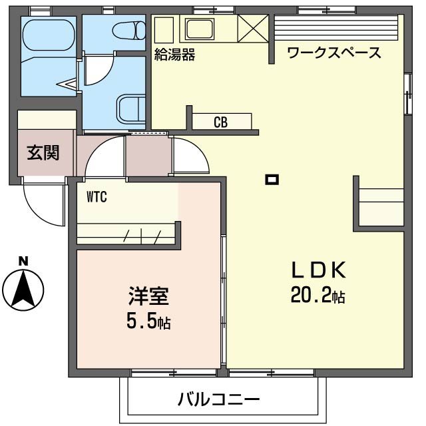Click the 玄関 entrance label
43,153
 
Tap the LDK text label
318,270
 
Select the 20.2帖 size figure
318,294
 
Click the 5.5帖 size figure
148,322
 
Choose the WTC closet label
97,196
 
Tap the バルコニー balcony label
218,400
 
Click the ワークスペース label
334,53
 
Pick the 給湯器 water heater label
174,55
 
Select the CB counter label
221,122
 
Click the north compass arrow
23,290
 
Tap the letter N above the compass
23,262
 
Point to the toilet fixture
129,31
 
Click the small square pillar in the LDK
272,178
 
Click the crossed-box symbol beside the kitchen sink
252,29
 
